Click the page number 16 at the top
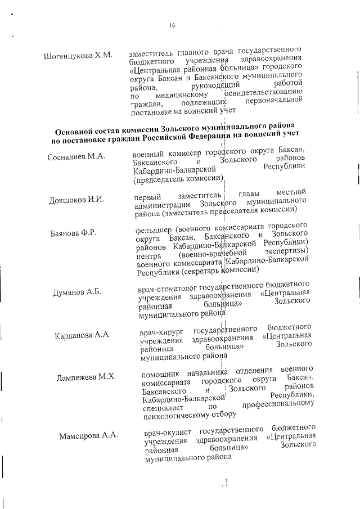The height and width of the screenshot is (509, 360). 172,25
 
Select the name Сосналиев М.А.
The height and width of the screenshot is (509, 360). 76,157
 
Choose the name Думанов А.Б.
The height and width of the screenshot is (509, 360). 77,292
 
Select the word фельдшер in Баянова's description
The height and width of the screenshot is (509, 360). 153,230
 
